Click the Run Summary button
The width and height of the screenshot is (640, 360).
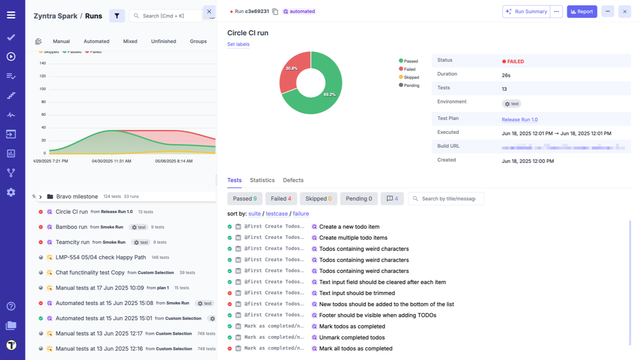coord(525,11)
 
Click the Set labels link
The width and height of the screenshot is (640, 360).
coord(238,44)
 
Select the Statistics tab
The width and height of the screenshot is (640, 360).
coord(262,180)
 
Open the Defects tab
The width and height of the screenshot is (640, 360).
coord(293,180)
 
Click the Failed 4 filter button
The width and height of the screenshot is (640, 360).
coord(281,198)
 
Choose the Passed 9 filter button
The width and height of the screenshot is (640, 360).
coord(244,198)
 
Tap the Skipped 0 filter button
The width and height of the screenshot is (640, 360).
coord(318,198)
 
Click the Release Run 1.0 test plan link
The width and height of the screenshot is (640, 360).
coord(519,120)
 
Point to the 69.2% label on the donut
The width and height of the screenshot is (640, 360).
coord(329,94)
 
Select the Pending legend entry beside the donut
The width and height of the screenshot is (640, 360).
coord(411,85)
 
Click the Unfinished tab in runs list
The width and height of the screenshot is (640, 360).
coord(163,41)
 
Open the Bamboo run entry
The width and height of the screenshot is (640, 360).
coord(71,227)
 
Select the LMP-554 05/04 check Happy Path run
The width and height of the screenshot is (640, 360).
coord(100,257)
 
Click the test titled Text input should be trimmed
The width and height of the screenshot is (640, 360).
coord(357,293)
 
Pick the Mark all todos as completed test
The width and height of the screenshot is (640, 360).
coord(355,348)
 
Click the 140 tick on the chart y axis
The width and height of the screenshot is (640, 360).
coord(42,63)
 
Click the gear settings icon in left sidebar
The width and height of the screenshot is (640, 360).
coord(11,192)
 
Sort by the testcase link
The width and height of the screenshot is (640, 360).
coord(276,214)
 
